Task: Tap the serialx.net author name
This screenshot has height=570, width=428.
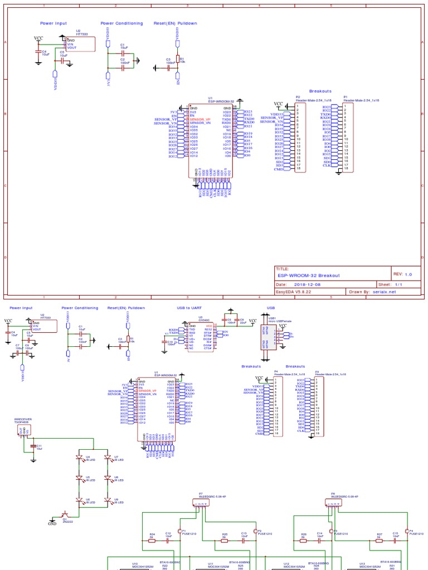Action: click(x=385, y=291)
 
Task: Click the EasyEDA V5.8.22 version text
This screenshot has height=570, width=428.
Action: click(x=294, y=291)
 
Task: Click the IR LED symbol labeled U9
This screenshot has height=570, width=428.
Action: click(x=108, y=502)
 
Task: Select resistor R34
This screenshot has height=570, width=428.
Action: click(x=152, y=539)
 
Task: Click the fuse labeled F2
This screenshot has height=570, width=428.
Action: click(x=255, y=532)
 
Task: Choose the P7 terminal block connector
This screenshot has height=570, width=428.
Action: click(x=201, y=503)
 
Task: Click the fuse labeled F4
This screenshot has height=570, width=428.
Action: click(x=406, y=532)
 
